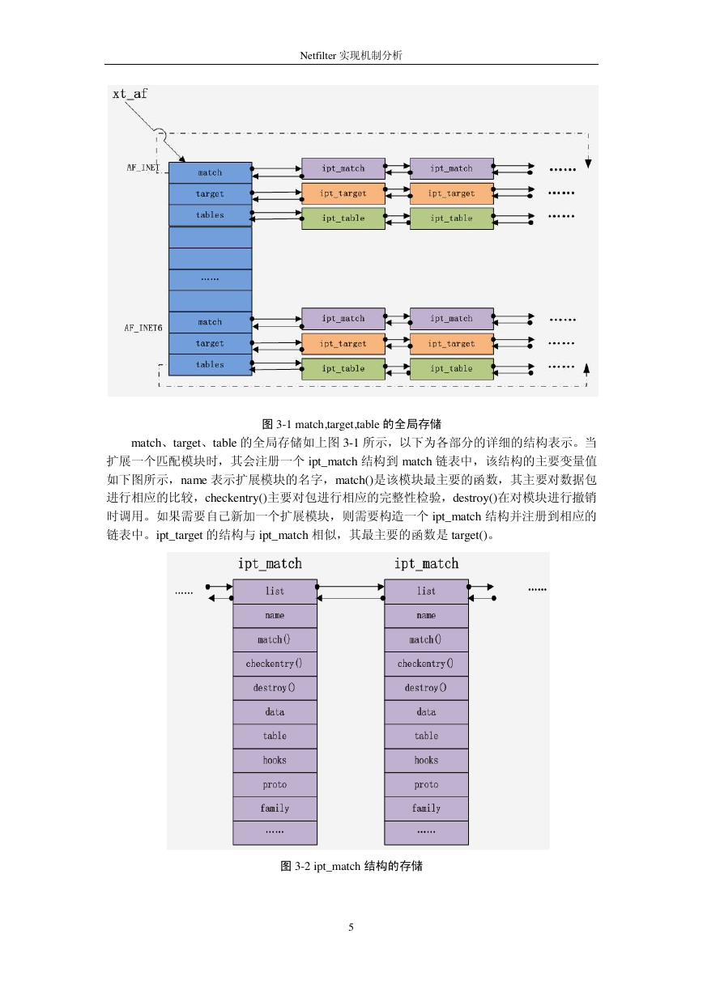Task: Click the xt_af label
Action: (x=130, y=94)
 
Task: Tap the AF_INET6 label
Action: (x=143, y=328)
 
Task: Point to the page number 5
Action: (x=351, y=927)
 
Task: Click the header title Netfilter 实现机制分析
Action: (x=351, y=55)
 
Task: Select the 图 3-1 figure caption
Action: (x=351, y=424)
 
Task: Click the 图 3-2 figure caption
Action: (x=351, y=866)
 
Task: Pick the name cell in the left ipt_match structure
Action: (x=275, y=615)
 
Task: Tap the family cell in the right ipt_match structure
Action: (x=426, y=808)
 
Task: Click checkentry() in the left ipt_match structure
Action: (x=275, y=664)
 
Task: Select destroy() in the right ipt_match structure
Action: (x=426, y=688)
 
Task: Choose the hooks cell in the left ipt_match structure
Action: (x=275, y=760)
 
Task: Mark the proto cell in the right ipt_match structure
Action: (x=426, y=784)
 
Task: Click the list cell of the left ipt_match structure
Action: (x=275, y=592)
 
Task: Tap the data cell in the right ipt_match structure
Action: (x=426, y=712)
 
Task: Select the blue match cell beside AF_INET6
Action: (x=211, y=322)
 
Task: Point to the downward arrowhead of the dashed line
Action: (x=588, y=164)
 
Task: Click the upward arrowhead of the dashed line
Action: (x=586, y=368)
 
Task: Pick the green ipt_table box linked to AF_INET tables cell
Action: (x=343, y=219)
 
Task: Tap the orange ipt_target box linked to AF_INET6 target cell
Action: (x=343, y=344)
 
